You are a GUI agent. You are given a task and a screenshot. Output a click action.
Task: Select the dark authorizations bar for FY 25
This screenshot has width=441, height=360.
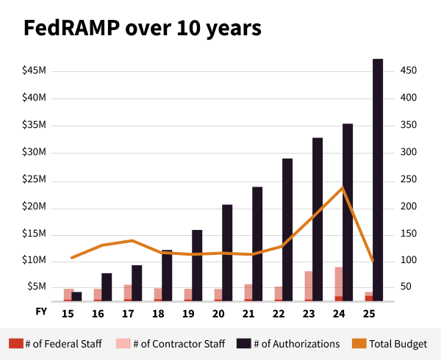tap(378, 176)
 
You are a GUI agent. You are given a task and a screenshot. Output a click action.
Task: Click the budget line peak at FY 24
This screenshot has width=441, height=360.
tap(343, 187)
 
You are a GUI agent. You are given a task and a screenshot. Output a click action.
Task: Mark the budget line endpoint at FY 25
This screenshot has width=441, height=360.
tap(373, 260)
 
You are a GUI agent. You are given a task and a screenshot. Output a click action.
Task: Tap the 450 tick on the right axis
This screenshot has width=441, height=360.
tap(409, 71)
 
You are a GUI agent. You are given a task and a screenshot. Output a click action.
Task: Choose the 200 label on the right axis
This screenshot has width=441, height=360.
tap(409, 207)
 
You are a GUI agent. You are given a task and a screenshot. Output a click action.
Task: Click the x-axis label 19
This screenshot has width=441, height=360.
tap(188, 314)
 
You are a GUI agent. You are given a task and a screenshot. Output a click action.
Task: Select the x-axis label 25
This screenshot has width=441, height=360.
tap(369, 314)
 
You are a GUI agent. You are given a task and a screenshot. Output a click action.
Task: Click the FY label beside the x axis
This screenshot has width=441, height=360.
tap(42, 312)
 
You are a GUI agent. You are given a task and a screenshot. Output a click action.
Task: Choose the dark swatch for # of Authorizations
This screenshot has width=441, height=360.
tap(244, 343)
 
